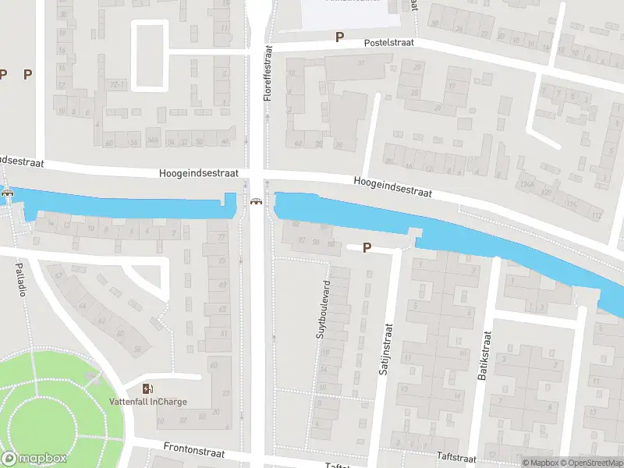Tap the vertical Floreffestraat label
(268, 75)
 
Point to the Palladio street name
(21, 279)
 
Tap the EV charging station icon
(147, 388)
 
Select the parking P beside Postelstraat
(339, 37)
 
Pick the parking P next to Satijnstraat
(366, 248)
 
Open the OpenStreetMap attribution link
(590, 463)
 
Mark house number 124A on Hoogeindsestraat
(527, 184)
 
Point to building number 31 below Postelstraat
(362, 62)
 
